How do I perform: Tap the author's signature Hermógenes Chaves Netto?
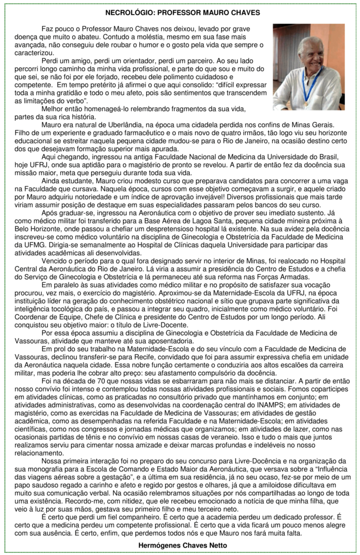(x=179, y=544)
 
